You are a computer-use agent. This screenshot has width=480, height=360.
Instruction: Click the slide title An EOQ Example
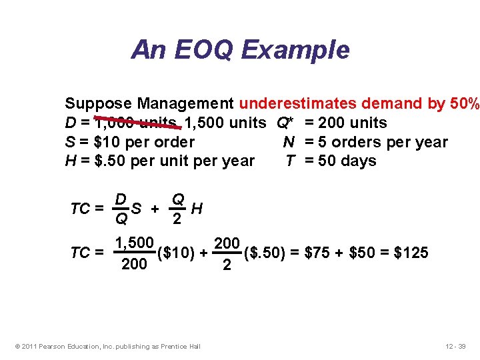(x=240, y=49)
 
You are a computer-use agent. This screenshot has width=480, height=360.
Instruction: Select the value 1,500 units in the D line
(x=228, y=123)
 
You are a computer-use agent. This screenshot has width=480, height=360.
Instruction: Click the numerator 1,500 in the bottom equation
(x=135, y=242)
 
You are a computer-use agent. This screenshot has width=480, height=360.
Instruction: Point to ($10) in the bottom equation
(x=175, y=253)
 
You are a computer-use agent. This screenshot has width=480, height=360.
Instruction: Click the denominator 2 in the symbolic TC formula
(x=178, y=219)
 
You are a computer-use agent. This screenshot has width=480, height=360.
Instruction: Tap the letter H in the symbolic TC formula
(x=196, y=209)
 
